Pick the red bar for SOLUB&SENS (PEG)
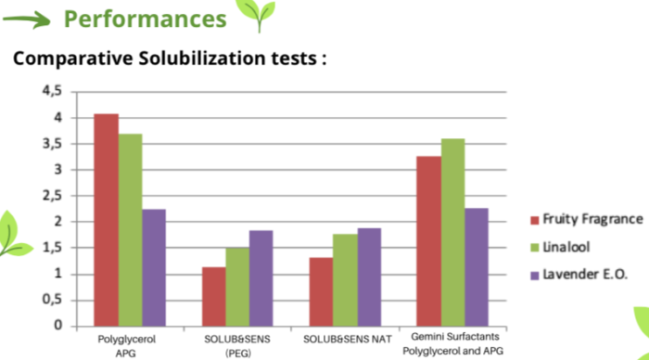tap(214, 296)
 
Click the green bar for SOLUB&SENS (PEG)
tap(238, 287)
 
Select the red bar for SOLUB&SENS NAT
tap(322, 291)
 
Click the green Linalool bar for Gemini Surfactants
tap(453, 232)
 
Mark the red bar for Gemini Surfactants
tap(429, 240)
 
